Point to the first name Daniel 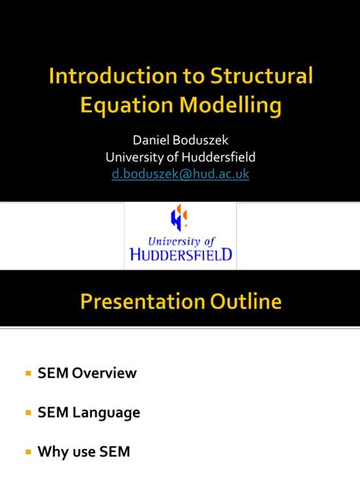pos(153,141)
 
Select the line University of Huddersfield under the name pos(180,157)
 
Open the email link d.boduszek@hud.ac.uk pos(180,174)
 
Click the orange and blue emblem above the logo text pos(179,217)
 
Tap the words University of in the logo pos(180,240)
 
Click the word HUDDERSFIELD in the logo pos(180,254)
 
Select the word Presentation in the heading pos(139,302)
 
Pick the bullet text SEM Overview pos(87,373)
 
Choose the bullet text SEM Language pos(89,412)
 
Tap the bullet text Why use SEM pos(84,452)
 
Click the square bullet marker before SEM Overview pos(28,374)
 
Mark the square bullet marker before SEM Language pos(28,413)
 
